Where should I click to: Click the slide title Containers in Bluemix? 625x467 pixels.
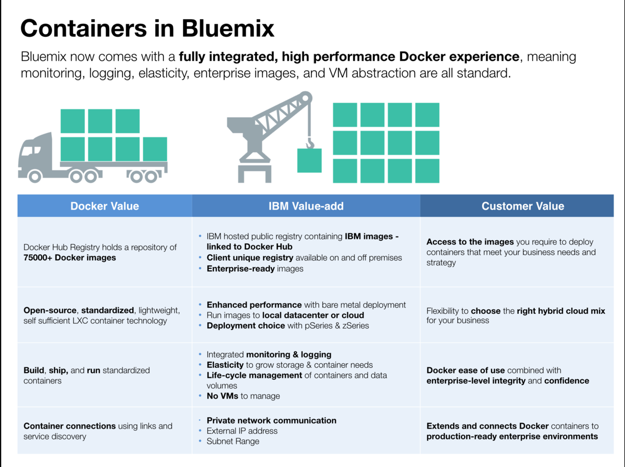tap(147, 29)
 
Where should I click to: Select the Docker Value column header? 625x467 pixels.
tap(105, 206)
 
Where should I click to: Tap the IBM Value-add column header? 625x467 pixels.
tap(306, 206)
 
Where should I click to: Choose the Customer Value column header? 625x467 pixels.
tap(522, 206)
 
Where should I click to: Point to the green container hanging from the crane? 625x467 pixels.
tap(309, 160)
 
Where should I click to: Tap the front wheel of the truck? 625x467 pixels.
tap(34, 176)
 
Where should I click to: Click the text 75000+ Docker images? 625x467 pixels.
tap(70, 258)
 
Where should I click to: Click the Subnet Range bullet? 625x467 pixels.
tap(233, 442)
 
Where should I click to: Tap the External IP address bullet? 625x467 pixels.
tap(242, 431)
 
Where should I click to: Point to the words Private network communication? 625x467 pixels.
tap(271, 421)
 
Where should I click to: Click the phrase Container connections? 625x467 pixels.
tap(70, 426)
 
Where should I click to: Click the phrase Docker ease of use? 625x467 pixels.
tap(466, 370)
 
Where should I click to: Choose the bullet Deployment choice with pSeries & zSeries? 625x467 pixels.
tap(288, 326)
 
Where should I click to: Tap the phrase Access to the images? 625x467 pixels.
tap(470, 242)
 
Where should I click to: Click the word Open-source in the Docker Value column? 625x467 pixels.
tap(50, 311)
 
